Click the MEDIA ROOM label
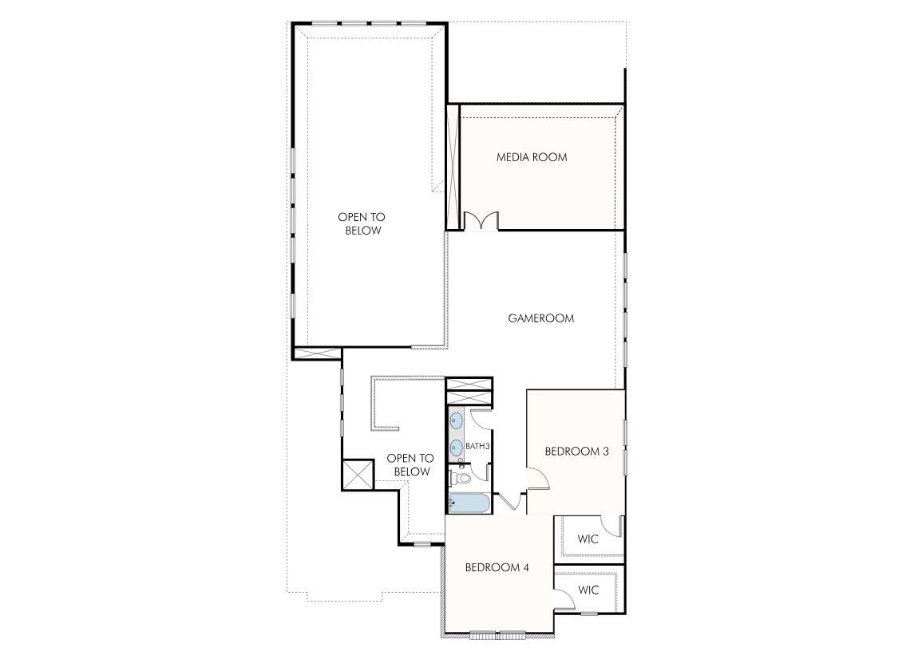(532, 157)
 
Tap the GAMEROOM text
(541, 318)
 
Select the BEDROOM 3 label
(576, 452)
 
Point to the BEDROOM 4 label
(497, 568)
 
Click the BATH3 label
(477, 446)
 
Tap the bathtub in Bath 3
(467, 503)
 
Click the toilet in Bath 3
(460, 479)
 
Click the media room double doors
(481, 221)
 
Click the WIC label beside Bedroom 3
(588, 539)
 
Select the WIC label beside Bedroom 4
(588, 590)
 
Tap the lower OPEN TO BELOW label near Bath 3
(410, 465)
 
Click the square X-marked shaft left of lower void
(358, 476)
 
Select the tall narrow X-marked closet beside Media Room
(453, 167)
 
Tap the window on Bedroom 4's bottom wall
(497, 635)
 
